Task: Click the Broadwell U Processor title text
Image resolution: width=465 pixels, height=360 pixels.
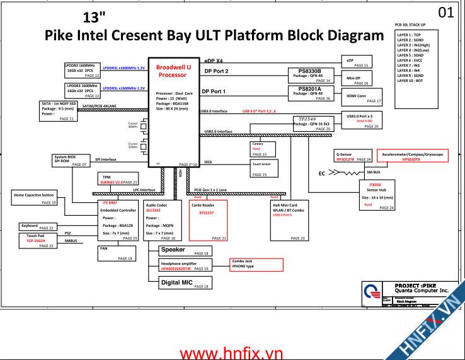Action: point(173,71)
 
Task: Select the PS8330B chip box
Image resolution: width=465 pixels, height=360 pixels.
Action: point(310,76)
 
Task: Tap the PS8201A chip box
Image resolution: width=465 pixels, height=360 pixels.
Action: point(310,93)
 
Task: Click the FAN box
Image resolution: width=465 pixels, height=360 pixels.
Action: point(117,253)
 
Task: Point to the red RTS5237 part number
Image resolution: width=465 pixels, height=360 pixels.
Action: point(207,212)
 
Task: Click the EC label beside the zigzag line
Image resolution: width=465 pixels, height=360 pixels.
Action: point(321,173)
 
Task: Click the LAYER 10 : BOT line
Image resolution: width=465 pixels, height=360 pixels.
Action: point(410,81)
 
